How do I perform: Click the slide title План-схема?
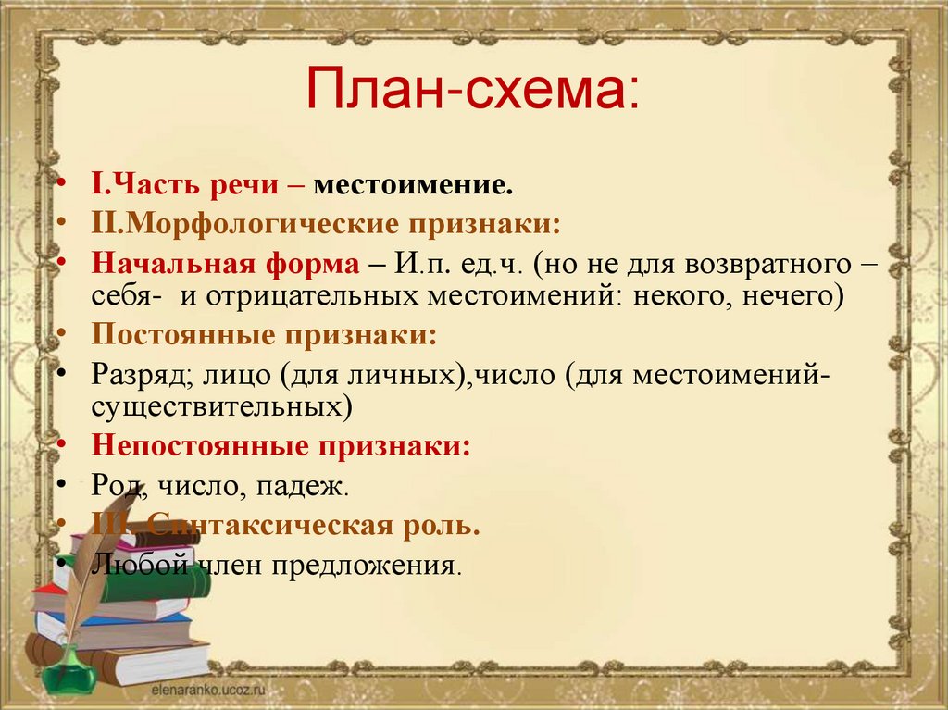tap(472, 89)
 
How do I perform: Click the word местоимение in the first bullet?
tap(412, 186)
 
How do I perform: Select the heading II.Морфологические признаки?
tap(326, 224)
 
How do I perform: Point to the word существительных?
tap(221, 405)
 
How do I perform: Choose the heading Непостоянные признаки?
tap(281, 444)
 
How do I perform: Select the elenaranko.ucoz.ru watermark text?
tap(202, 691)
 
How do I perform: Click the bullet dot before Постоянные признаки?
tap(60, 334)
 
